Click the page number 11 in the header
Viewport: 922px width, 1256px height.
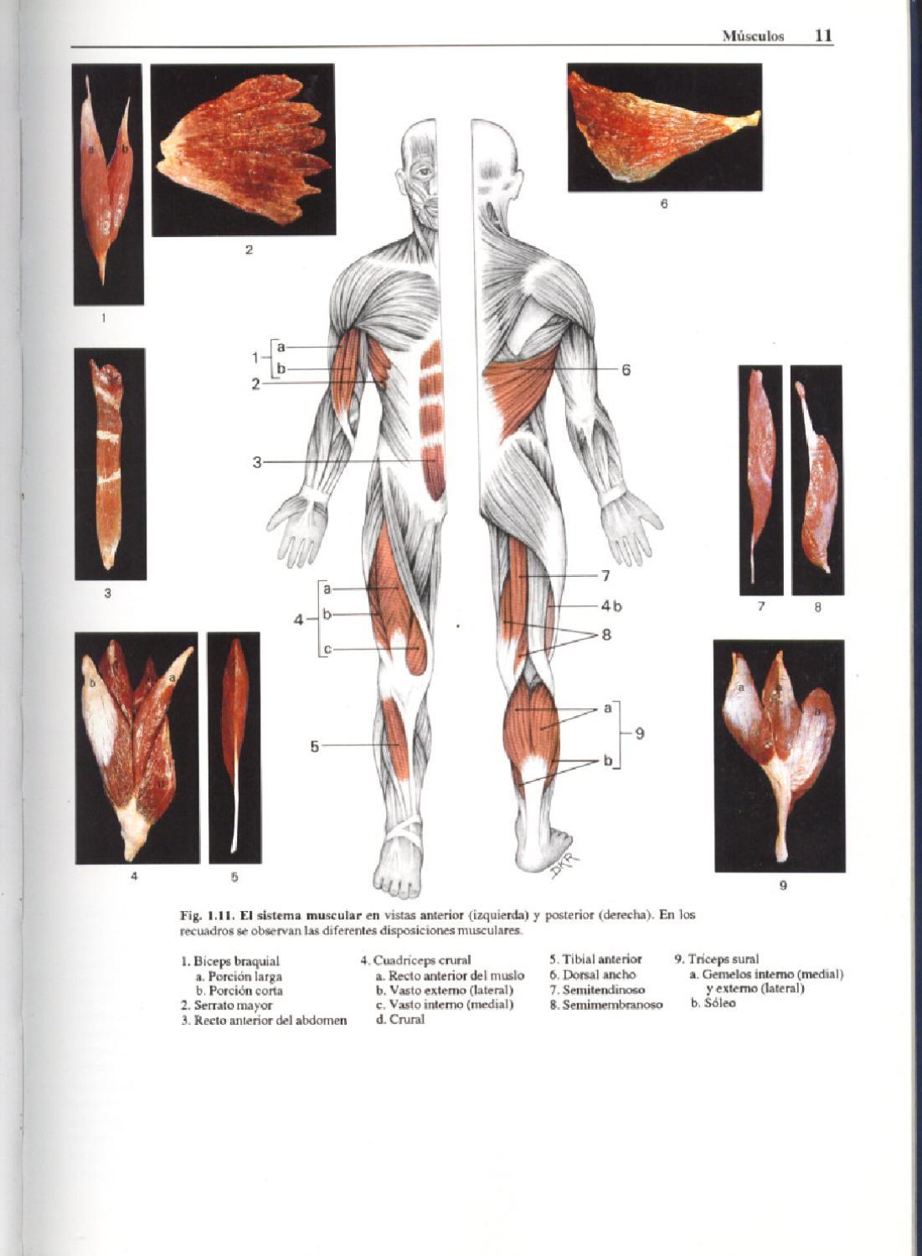coord(822,35)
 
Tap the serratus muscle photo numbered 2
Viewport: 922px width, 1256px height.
coord(243,151)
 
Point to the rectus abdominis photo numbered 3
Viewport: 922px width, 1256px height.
coord(109,463)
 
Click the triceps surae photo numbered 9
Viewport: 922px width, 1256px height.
coord(779,755)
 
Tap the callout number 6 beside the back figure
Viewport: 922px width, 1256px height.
coord(625,369)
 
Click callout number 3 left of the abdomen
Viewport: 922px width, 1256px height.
coord(257,461)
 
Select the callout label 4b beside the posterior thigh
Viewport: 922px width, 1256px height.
coord(611,605)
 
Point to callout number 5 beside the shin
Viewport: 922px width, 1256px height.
coord(315,746)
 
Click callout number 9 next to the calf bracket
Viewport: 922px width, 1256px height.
coord(639,734)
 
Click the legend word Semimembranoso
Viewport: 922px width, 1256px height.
coord(611,1004)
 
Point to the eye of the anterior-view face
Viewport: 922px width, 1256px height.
coord(424,172)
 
